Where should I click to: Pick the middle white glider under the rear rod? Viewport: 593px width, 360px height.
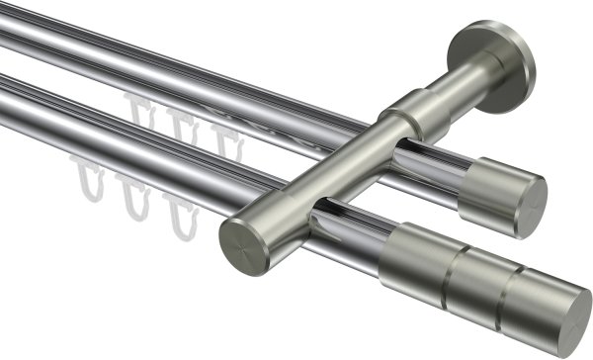pos(181,123)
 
